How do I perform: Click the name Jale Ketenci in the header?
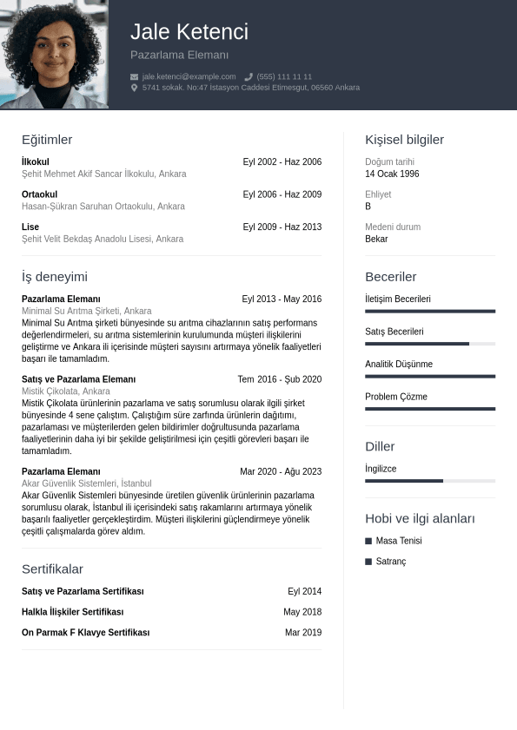point(189,32)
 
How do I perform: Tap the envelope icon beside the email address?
point(134,76)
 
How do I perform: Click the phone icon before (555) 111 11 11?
point(249,76)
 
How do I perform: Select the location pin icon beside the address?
point(134,88)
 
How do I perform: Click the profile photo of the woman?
point(54,55)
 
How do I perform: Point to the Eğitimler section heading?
point(47,140)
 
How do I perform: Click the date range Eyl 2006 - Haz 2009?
point(282,194)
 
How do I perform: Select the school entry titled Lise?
point(30,227)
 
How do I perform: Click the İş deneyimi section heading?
point(54,277)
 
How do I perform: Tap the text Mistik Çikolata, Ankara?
point(66,391)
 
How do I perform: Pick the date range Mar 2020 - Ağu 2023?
point(281,471)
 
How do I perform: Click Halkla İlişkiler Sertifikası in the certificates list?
point(72,612)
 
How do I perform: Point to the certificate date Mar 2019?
point(302,633)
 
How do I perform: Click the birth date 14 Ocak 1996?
point(392,174)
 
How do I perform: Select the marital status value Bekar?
point(376,239)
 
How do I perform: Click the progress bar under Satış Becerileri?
point(429,344)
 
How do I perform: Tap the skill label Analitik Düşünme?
point(398,365)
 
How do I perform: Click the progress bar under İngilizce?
point(429,481)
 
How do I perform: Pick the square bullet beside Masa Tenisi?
point(368,541)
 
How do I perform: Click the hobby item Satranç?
point(390,562)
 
